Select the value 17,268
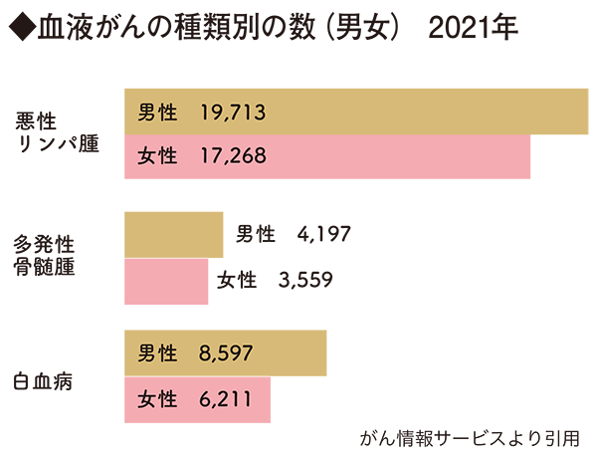click(x=232, y=156)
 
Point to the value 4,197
click(x=323, y=235)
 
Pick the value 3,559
click(x=305, y=280)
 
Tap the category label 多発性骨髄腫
click(x=47, y=256)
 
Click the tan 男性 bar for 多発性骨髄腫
click(x=173, y=235)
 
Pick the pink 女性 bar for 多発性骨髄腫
click(x=165, y=280)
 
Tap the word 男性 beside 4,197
click(x=256, y=235)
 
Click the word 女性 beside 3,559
click(x=237, y=280)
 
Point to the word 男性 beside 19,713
click(x=157, y=112)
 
